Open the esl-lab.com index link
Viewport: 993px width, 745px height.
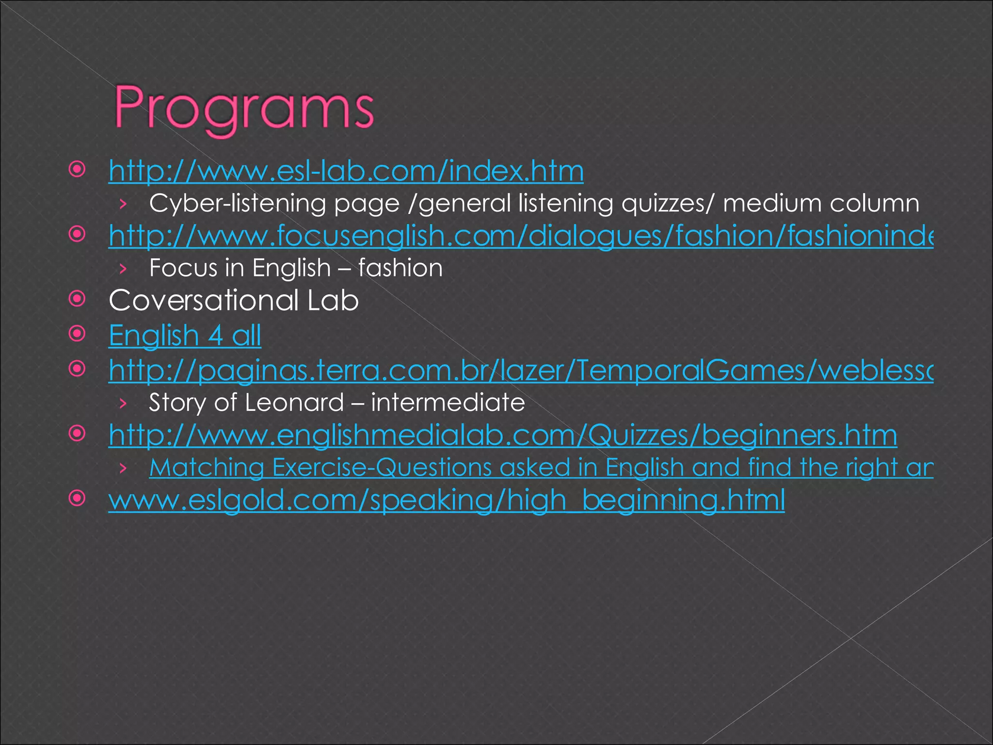point(346,171)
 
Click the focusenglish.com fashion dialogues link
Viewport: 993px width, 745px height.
point(520,236)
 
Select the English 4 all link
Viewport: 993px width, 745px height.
point(185,336)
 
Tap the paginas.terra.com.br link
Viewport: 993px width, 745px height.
point(520,371)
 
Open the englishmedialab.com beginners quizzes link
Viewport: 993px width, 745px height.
point(503,435)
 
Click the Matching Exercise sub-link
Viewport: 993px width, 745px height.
point(541,468)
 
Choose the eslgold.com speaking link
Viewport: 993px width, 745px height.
point(446,500)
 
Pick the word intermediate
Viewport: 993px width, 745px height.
point(448,403)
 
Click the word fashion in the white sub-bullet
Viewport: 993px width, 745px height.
point(400,268)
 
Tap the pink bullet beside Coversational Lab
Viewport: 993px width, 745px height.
point(77,299)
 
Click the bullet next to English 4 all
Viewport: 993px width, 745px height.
point(77,334)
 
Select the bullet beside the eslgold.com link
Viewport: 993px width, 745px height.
point(77,498)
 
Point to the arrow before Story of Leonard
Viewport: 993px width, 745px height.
point(123,403)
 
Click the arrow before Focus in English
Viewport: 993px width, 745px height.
point(123,269)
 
